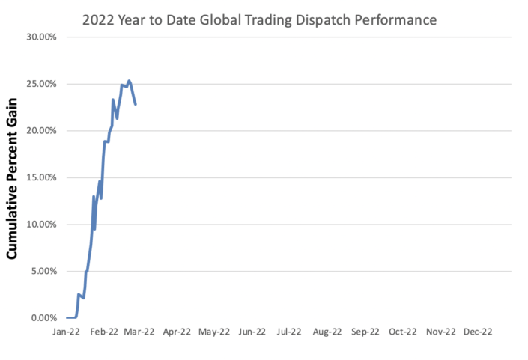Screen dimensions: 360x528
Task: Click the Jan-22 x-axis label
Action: tap(67, 330)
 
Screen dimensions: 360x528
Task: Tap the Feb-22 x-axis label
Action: tap(104, 330)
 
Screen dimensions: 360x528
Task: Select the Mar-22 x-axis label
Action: tap(140, 330)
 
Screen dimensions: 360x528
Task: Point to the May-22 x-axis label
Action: tap(215, 330)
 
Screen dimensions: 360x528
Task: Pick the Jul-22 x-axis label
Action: tap(290, 330)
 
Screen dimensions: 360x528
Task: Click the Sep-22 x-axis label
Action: tap(365, 330)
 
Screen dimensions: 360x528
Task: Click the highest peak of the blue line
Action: tap(129, 81)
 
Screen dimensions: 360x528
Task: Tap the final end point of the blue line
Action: tap(136, 103)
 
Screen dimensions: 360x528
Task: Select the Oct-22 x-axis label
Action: tap(402, 330)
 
